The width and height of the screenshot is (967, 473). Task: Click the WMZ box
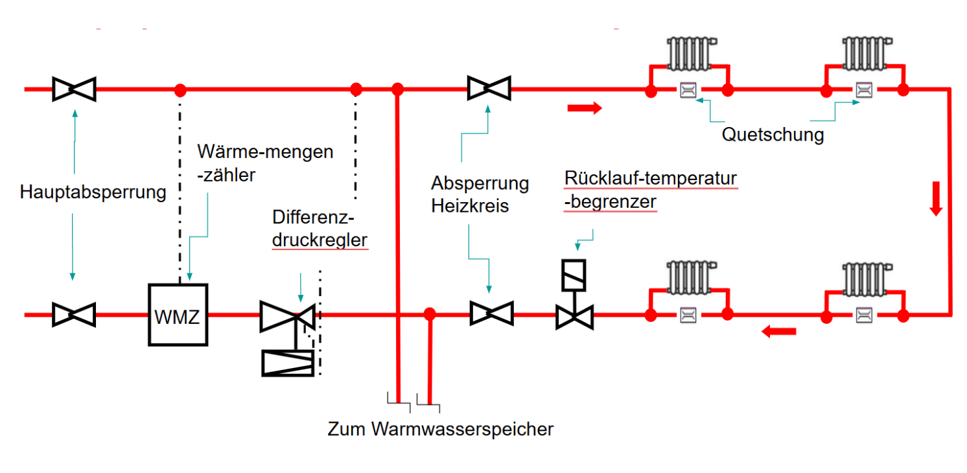point(178,315)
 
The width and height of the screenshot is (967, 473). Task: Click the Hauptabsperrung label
point(93,192)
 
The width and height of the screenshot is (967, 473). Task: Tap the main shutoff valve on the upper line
point(74,89)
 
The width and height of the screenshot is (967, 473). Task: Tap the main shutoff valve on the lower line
point(74,315)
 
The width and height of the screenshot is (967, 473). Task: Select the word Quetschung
point(773,135)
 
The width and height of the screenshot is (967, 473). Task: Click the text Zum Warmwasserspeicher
point(441,429)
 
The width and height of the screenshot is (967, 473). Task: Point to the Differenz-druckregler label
point(320,228)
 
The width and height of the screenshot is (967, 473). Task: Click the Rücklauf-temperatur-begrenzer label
point(651,189)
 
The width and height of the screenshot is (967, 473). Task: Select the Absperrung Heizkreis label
point(480,194)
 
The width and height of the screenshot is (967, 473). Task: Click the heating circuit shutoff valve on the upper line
point(489,88)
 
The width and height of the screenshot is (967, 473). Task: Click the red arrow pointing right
point(585,108)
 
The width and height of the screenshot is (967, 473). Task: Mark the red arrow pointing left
point(778,332)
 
